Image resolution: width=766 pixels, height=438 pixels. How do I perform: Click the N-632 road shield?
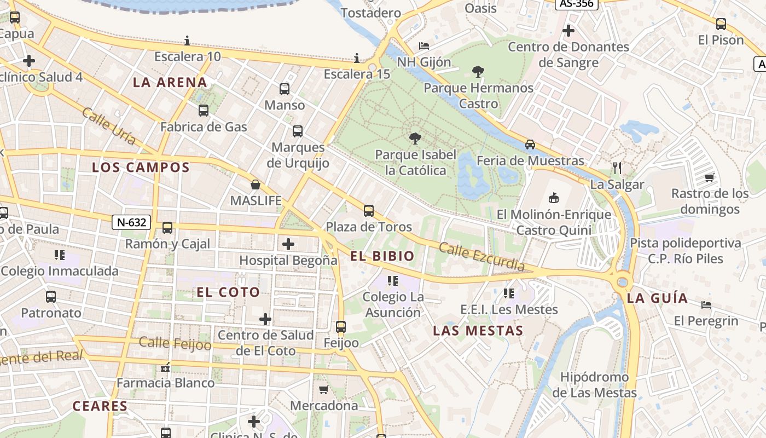tap(131, 222)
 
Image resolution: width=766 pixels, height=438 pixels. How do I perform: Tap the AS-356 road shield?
tap(577, 3)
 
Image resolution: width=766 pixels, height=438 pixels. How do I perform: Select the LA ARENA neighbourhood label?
tap(170, 83)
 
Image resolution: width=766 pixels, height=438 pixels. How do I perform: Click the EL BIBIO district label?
tap(382, 256)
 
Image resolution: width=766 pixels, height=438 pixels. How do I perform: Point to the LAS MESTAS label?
tap(478, 331)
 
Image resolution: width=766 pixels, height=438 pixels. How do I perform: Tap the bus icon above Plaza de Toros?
tap(369, 210)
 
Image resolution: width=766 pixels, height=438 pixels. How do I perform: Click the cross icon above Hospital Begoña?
tap(288, 244)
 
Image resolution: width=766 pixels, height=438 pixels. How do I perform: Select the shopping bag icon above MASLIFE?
tap(256, 185)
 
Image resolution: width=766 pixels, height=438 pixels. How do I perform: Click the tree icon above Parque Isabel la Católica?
tap(415, 139)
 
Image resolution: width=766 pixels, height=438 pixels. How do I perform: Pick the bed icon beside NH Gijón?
tap(424, 45)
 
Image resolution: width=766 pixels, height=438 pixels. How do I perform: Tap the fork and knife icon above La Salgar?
tap(617, 168)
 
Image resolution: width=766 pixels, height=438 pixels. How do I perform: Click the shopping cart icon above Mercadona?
tap(323, 389)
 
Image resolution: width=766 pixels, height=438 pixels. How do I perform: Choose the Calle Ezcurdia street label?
tap(481, 257)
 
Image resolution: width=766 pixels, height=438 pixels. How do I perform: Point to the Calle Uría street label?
tap(109, 126)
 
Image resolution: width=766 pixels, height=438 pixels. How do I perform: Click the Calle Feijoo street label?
tap(175, 344)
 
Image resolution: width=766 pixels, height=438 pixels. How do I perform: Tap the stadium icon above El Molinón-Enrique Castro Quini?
tap(554, 198)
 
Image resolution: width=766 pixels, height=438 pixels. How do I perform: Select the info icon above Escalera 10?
tap(187, 41)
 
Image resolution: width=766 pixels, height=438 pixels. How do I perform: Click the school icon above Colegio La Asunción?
tap(392, 281)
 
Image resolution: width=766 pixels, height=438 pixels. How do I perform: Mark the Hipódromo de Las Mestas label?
tap(594, 385)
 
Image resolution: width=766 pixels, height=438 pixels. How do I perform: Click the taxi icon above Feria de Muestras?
tap(530, 145)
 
